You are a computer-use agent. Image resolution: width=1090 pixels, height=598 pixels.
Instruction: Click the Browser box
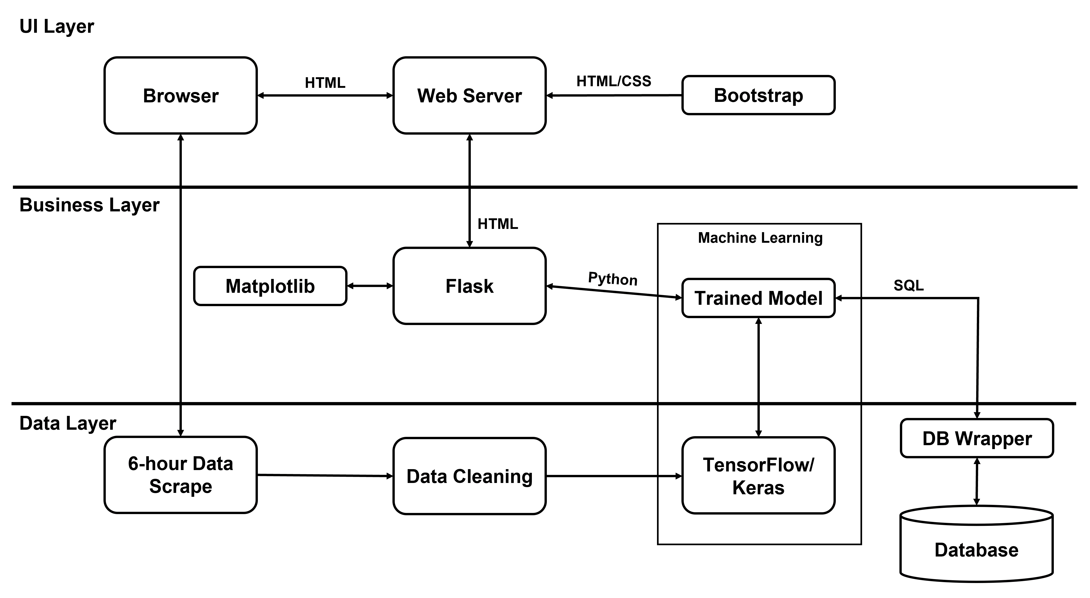(181, 96)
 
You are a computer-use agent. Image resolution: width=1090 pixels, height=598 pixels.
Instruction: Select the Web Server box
(469, 96)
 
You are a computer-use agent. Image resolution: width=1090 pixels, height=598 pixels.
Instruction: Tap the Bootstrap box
(758, 95)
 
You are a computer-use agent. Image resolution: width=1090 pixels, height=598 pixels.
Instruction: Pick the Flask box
(469, 286)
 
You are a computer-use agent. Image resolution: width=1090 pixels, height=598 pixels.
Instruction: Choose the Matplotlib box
(270, 286)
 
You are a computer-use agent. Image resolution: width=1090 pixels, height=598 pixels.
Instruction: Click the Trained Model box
(758, 298)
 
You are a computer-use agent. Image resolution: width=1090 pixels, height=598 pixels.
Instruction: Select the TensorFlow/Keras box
(758, 476)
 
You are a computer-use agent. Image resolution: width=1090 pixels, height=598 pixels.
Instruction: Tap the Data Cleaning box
(469, 476)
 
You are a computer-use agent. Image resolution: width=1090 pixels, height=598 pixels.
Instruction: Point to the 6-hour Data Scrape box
(181, 475)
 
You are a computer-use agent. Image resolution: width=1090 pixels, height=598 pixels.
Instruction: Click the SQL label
(908, 286)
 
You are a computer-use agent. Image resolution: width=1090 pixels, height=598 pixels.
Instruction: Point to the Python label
(613, 279)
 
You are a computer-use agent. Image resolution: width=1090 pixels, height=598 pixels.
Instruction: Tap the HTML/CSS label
(613, 81)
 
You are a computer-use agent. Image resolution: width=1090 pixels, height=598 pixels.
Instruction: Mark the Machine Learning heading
(760, 238)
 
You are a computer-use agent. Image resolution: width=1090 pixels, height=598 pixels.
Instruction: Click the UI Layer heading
(57, 27)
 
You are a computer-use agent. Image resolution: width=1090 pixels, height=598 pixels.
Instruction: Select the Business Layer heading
(89, 205)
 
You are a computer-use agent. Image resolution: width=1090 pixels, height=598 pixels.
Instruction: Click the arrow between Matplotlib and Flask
(370, 286)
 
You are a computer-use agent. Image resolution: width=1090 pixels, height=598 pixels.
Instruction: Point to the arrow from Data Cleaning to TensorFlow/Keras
(613, 476)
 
